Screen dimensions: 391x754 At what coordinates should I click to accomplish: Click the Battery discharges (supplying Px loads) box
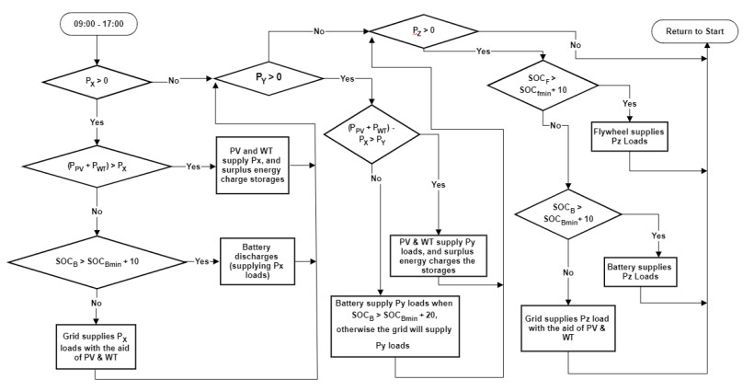click(x=257, y=261)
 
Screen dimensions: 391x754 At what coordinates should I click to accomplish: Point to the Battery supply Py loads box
click(x=395, y=325)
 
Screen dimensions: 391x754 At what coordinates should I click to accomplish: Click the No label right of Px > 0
click(x=174, y=81)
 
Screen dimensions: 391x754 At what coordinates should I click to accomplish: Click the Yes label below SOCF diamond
click(x=630, y=104)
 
